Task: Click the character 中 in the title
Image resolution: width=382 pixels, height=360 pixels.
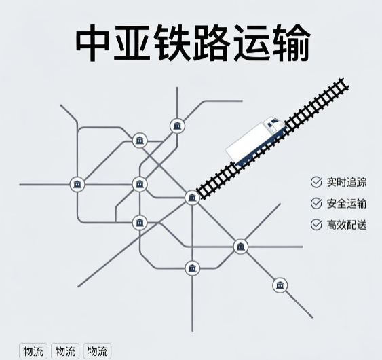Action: tap(93, 43)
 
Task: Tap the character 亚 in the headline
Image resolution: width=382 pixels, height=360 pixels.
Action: tap(132, 43)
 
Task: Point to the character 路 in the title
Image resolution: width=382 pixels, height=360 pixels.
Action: tap(212, 43)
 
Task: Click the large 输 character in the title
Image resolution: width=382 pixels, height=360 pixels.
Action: tap(291, 43)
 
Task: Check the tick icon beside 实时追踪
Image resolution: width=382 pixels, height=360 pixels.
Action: tap(316, 182)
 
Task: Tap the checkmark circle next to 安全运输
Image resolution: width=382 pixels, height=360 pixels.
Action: tap(316, 203)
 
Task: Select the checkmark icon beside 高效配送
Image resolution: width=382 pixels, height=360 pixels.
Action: tap(316, 224)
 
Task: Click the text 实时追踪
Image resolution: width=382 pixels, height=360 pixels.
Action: tap(347, 182)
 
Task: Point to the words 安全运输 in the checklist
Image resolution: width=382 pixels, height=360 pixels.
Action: tap(347, 203)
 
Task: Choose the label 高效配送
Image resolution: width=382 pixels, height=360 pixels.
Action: tap(347, 225)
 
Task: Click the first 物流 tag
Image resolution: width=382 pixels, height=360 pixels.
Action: tap(33, 351)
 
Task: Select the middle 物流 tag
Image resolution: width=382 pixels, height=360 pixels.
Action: tap(65, 351)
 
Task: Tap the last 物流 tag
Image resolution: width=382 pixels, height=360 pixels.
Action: tap(97, 351)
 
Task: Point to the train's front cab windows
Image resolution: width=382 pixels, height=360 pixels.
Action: tap(273, 122)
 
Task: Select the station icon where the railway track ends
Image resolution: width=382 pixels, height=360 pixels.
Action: tap(192, 198)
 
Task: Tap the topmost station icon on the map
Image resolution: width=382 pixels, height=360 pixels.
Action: tap(177, 126)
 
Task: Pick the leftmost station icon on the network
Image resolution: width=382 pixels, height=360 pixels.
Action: tap(77, 184)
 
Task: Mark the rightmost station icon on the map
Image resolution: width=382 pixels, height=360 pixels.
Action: tap(280, 285)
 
